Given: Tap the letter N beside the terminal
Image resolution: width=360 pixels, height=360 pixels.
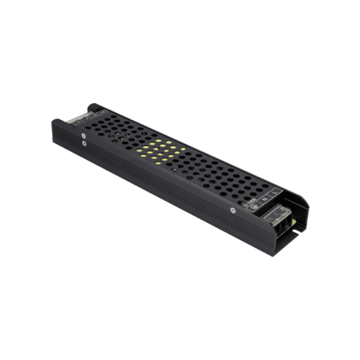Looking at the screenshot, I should (265, 199).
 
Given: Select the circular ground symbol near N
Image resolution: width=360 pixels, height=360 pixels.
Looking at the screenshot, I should (254, 206).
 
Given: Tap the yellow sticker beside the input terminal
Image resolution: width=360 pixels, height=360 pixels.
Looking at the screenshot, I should (294, 222).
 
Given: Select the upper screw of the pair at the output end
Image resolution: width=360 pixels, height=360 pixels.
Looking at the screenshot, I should (83, 136).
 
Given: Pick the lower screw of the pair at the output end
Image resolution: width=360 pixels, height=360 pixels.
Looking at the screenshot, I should (84, 143).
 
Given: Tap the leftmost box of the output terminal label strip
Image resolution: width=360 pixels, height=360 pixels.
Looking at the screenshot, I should (78, 122).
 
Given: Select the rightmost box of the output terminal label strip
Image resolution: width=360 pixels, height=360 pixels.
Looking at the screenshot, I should (103, 112).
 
